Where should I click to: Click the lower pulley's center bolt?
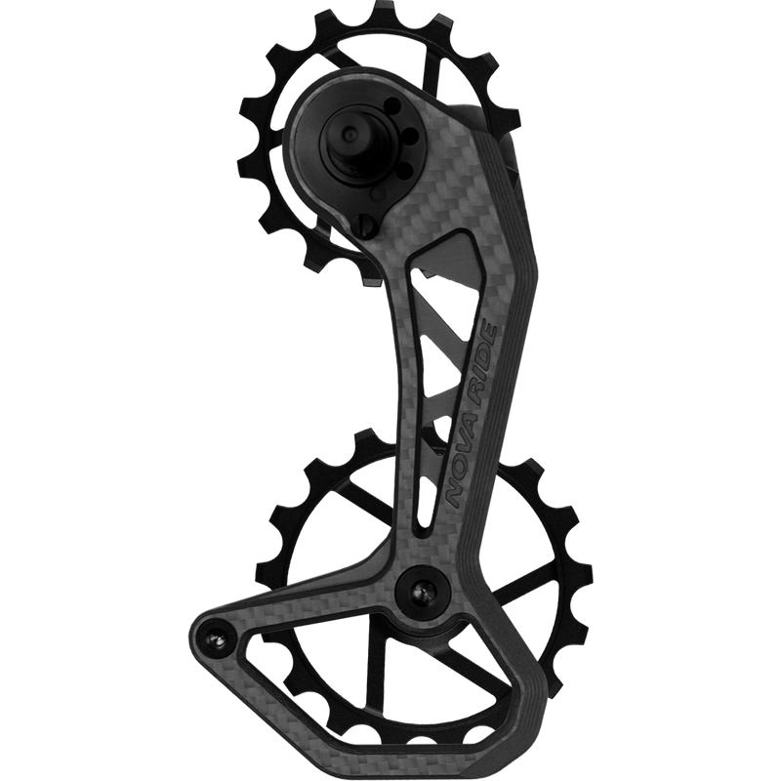pyautogui.click(x=424, y=591)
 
